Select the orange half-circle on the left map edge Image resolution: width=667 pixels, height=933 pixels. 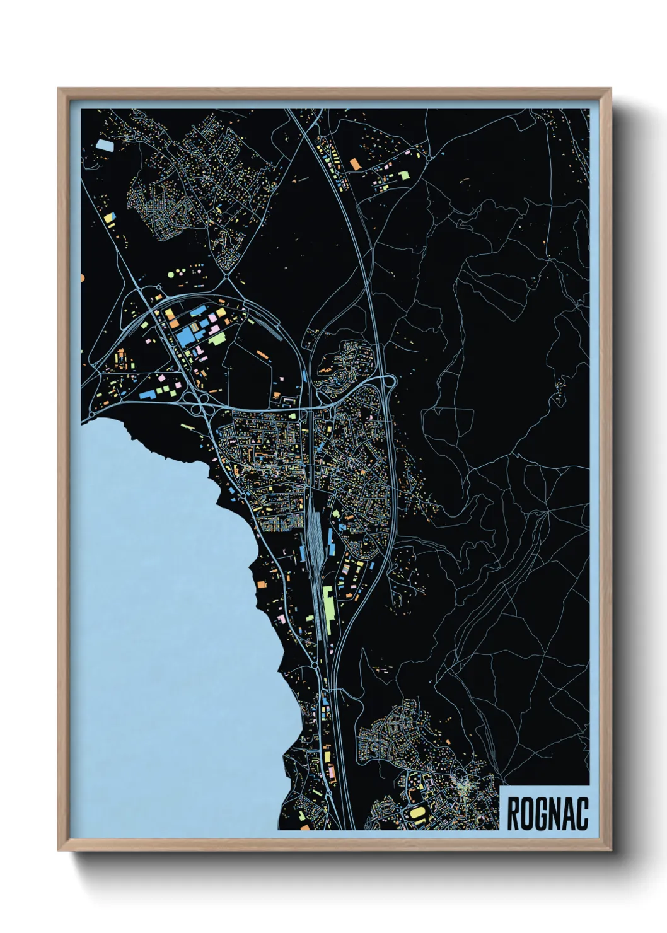(83, 277)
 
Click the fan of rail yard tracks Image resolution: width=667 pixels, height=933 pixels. (314, 530)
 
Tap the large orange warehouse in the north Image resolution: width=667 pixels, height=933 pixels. (354, 164)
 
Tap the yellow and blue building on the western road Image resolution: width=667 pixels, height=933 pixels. (110, 218)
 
